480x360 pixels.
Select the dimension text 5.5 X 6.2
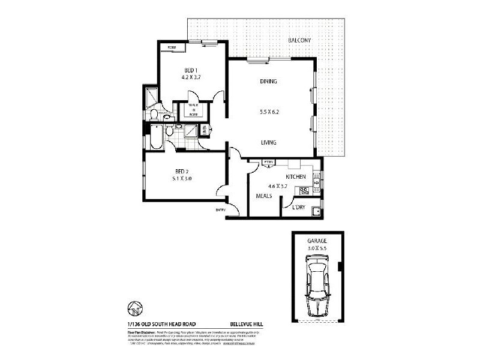(x=268, y=112)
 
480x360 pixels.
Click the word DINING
(x=268, y=82)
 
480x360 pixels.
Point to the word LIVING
(x=268, y=143)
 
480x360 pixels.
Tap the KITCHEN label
(x=296, y=177)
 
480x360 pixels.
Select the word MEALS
(x=264, y=196)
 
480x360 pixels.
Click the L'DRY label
(x=298, y=208)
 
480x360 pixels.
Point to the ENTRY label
(x=221, y=209)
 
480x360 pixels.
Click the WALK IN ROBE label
(x=193, y=110)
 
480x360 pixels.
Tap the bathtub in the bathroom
(x=155, y=136)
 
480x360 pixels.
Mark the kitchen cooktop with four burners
(x=304, y=191)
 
